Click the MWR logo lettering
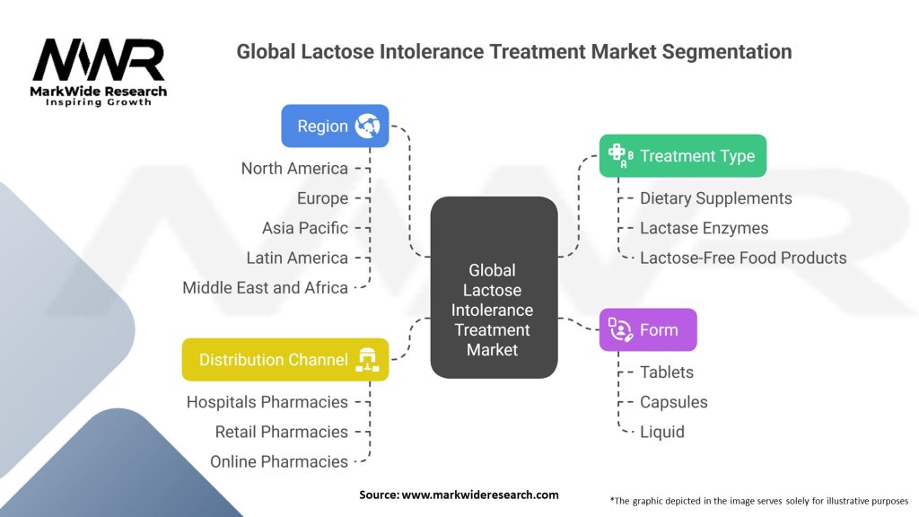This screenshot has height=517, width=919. coord(99,60)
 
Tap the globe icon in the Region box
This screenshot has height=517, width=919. coord(367,126)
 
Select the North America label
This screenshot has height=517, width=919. coord(294,169)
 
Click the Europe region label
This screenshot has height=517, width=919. coord(322,198)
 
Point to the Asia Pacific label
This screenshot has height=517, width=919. coord(305,228)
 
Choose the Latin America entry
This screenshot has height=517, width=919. coord(296,258)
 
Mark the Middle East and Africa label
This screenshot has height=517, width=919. coord(265,288)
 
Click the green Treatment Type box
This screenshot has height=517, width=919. coord(683,156)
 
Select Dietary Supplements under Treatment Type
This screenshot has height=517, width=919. coord(715,198)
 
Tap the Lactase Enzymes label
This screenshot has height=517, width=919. coord(704,228)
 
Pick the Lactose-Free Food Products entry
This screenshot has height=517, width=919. coord(743,258)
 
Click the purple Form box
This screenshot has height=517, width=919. coord(648,330)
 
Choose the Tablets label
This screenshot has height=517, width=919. coord(667,372)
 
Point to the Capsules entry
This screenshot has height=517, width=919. coord(673,402)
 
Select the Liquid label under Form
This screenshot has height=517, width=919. coord(661,432)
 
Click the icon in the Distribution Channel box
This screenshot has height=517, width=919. coord(367,360)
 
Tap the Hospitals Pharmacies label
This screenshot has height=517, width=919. coord(267,402)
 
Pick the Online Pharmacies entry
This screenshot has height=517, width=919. coord(279,462)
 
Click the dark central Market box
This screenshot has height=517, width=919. coord(494,287)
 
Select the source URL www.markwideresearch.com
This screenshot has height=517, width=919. coord(480,495)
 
